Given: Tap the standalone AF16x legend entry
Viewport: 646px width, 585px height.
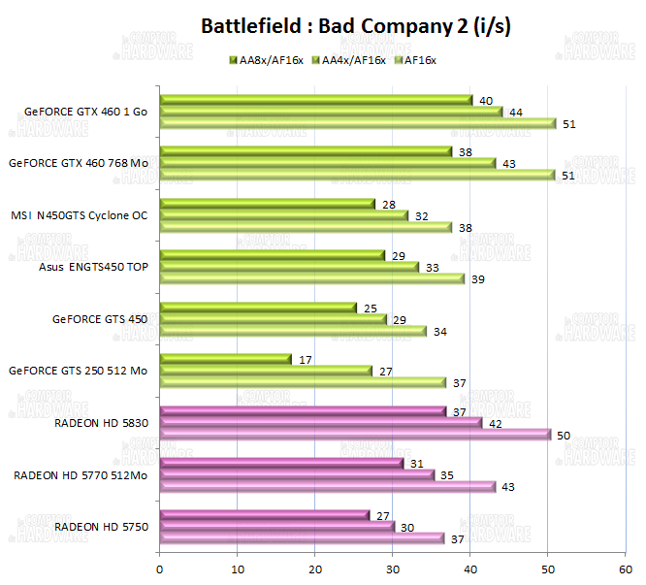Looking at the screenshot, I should (x=416, y=60).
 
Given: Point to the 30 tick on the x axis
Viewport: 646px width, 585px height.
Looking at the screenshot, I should (x=392, y=560).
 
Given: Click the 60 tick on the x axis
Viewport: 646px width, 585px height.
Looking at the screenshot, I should (x=625, y=560).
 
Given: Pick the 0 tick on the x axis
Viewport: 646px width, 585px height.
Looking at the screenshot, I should (x=159, y=560).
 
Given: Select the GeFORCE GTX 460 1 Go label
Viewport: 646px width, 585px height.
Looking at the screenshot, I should (x=81, y=112).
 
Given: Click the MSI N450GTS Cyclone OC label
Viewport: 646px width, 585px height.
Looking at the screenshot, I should (x=79, y=214).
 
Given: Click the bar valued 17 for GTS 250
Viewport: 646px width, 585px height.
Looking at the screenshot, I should (x=225, y=359).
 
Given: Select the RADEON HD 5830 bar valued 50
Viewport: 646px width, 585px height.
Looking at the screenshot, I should (x=354, y=434).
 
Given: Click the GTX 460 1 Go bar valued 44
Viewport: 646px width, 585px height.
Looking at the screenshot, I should (x=330, y=111).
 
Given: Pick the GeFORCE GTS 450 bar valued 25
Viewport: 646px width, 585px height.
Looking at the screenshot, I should (x=257, y=308).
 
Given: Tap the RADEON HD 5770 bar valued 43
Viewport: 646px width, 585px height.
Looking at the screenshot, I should (x=327, y=486).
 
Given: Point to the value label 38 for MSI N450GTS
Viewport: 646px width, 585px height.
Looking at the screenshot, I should (x=465, y=227).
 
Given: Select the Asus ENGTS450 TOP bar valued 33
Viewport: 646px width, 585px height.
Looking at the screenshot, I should (x=288, y=267).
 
